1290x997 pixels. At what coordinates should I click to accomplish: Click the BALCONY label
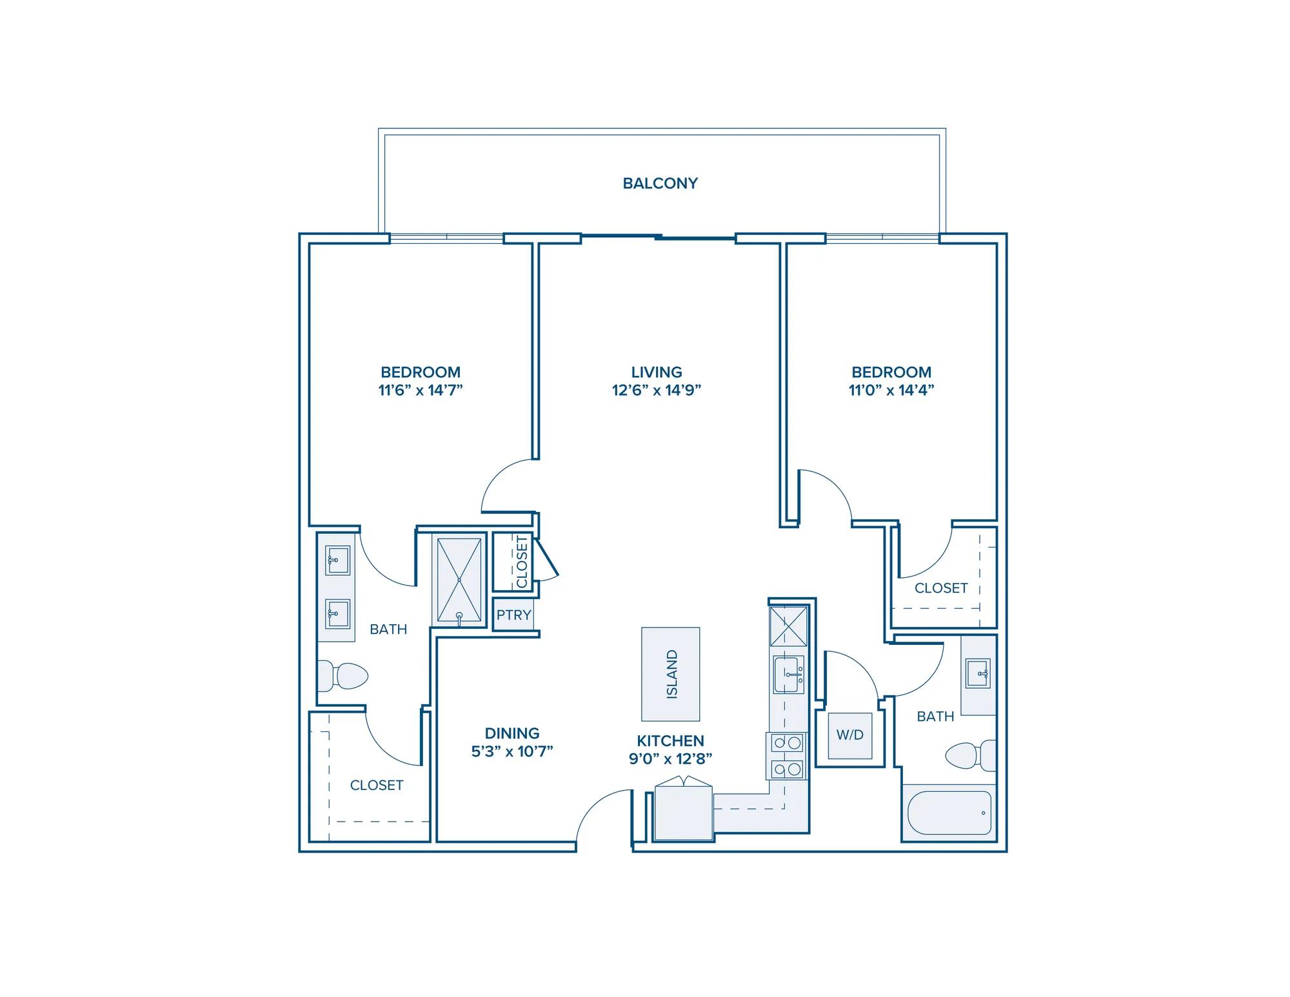coord(660,183)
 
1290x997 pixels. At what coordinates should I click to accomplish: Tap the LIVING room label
coord(657,372)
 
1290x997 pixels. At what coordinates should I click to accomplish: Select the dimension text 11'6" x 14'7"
coord(421,390)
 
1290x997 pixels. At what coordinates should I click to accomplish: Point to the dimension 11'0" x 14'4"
coord(891,390)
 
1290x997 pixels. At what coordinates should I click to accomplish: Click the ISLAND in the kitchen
coord(671,674)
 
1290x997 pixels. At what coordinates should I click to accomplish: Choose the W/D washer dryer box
coord(850,735)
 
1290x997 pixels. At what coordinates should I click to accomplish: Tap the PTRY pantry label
coord(514,615)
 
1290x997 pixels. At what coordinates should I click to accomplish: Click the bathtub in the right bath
coord(949,813)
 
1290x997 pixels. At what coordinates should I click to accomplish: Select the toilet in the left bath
coord(342,676)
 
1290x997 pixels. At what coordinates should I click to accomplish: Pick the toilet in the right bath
coord(971,755)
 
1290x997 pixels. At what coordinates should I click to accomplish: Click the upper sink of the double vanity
coord(337,560)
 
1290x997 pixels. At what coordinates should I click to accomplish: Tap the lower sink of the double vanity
coord(337,613)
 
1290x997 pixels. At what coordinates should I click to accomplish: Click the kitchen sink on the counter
coord(789,675)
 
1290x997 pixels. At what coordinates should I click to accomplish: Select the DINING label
coord(512,733)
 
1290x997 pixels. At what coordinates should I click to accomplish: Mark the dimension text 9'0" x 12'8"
coord(671,759)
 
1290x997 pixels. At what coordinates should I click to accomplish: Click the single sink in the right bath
coord(978,674)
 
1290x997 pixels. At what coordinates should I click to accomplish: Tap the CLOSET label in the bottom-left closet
coord(377,785)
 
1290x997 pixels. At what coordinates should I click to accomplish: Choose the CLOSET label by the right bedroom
coord(941,588)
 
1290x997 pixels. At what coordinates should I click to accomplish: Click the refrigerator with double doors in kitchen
coord(684,811)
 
